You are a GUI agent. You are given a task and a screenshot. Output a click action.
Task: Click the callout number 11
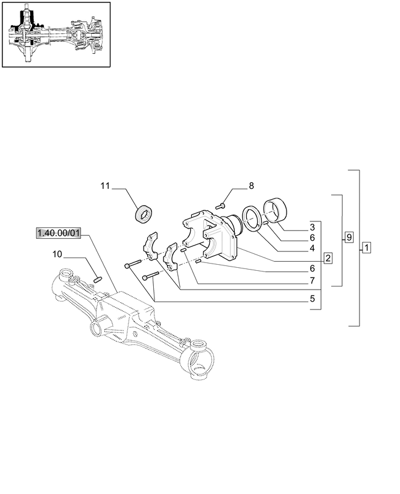pyautogui.click(x=105, y=186)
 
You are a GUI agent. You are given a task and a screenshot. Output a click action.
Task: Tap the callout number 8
pyautogui.click(x=252, y=186)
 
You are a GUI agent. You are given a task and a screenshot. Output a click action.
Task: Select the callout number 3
pyautogui.click(x=312, y=227)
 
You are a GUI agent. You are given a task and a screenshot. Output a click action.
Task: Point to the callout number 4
pyautogui.click(x=312, y=247)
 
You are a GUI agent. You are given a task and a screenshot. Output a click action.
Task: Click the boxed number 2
pyautogui.click(x=328, y=258)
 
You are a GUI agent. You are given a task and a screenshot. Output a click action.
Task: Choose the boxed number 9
pyautogui.click(x=349, y=237)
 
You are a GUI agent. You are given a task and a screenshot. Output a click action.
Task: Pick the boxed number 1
pyautogui.click(x=367, y=247)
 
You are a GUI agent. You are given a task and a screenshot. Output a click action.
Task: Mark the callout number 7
pyautogui.click(x=312, y=280)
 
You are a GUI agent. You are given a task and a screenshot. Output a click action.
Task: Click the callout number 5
pyautogui.click(x=312, y=297)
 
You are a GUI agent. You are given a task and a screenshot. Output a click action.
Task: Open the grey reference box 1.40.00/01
pyautogui.click(x=58, y=233)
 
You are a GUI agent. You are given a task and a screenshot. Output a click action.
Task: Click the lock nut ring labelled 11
pyautogui.click(x=144, y=213)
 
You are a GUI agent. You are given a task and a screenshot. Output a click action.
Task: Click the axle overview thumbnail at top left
pyautogui.click(x=56, y=34)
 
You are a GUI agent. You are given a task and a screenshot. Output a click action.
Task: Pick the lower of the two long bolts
pyautogui.click(x=151, y=276)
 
